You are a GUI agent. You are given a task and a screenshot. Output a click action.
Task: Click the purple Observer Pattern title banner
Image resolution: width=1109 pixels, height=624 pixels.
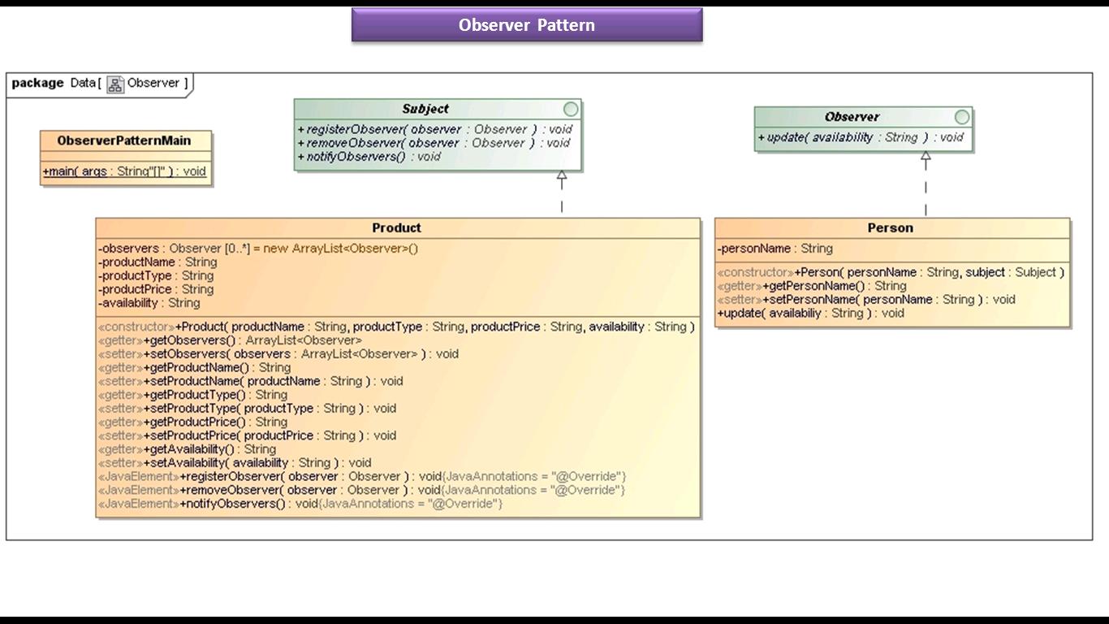pos(527,25)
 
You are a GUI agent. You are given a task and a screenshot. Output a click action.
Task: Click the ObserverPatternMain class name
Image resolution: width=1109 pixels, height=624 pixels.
pos(124,141)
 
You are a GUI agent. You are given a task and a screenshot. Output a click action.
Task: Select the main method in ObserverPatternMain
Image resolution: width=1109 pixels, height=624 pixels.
pos(124,171)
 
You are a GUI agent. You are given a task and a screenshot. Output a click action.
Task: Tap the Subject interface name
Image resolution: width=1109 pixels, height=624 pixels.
pos(425,109)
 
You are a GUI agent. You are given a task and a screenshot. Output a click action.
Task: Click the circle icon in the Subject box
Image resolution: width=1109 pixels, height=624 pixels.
pos(571,109)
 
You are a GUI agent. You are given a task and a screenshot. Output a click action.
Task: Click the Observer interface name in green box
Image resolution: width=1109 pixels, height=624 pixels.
pos(852,117)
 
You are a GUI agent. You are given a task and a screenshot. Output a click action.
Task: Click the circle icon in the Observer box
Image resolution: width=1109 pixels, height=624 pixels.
pos(962,117)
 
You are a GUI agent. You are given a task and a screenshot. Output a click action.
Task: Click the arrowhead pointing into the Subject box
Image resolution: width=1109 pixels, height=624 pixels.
pos(561,176)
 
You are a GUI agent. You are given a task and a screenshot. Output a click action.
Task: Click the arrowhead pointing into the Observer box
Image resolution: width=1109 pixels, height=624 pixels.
pos(926,158)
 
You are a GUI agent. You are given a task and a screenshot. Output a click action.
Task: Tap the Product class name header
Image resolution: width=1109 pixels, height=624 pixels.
pos(396,227)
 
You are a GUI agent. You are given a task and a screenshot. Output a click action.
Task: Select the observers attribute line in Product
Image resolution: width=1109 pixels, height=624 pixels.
pos(258,249)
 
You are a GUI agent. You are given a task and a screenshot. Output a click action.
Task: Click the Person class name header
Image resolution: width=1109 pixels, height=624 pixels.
pos(891,227)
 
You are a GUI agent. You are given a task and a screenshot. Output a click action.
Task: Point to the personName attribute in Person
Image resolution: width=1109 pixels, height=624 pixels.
pos(775,249)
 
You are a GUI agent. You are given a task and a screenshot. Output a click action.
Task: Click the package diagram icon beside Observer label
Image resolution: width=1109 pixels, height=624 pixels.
pos(115,84)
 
